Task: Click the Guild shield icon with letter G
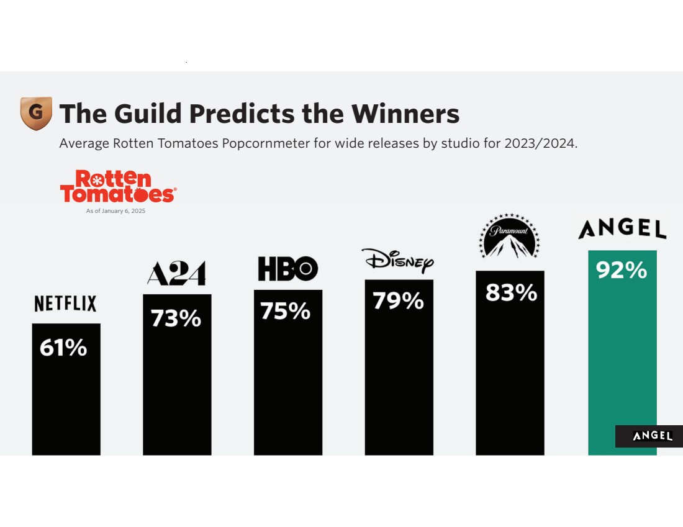tap(36, 113)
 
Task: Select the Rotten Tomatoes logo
tap(118, 186)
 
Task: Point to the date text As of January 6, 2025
tap(115, 211)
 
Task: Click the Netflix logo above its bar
tap(65, 304)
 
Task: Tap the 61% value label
tap(63, 348)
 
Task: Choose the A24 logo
tap(176, 274)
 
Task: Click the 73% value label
tap(176, 318)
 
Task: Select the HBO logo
tap(287, 269)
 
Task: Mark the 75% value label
tap(286, 311)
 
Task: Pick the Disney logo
tap(397, 261)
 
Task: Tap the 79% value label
tap(398, 300)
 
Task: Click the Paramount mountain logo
tap(509, 236)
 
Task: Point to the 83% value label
tap(511, 292)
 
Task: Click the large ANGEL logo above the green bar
tap(622, 228)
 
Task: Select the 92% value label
tap(622, 271)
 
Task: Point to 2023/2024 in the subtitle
tap(540, 143)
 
